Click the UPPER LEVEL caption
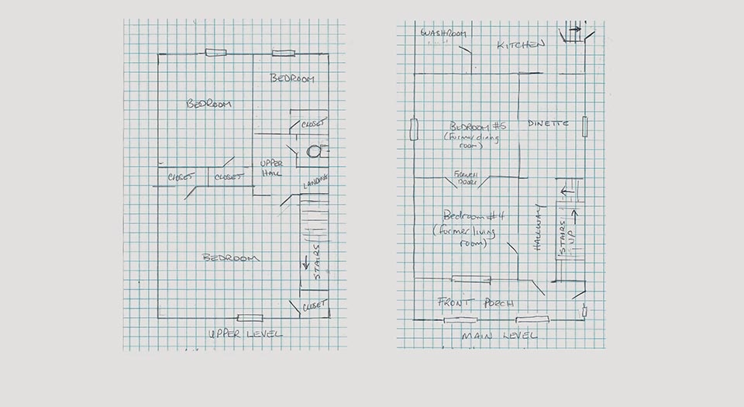point(245,334)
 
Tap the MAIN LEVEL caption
point(499,336)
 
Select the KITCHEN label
point(522,46)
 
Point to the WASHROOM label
point(442,34)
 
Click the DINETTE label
point(549,123)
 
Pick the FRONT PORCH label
point(476,302)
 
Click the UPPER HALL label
point(271,168)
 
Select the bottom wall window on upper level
point(250,317)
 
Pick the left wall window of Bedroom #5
point(414,129)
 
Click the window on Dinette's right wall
point(586,126)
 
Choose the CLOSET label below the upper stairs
point(315,304)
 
